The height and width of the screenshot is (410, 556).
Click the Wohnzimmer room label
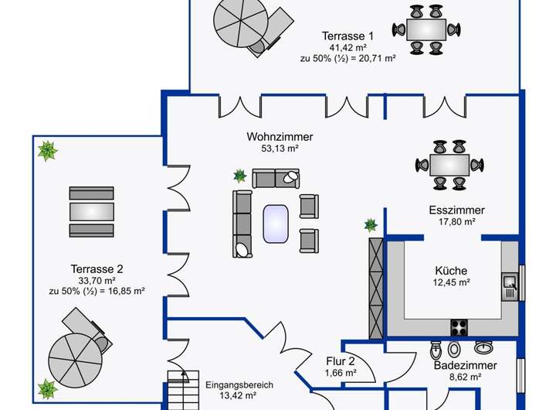[x=280, y=137]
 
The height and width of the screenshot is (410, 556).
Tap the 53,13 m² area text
[x=280, y=149]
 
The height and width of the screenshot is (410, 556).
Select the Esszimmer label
[x=456, y=210]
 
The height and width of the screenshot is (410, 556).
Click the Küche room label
[x=451, y=271]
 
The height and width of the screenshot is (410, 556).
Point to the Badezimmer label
[x=465, y=365]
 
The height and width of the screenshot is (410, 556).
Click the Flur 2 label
[x=341, y=361]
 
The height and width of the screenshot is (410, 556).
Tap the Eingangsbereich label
[x=239, y=384]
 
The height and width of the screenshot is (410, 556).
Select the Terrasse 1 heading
[x=347, y=36]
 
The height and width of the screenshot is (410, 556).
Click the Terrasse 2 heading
[x=97, y=269]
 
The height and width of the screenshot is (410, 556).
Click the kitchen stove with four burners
[x=459, y=327]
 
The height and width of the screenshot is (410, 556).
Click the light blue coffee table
[x=276, y=224]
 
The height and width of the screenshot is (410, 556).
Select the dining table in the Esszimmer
[x=449, y=166]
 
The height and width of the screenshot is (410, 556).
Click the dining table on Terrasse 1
[x=425, y=29]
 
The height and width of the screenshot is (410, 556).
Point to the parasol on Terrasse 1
[x=241, y=23]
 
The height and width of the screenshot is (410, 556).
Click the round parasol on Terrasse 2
[x=76, y=360]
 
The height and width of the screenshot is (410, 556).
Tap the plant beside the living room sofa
[x=240, y=176]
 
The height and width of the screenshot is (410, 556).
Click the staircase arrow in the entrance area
[x=184, y=378]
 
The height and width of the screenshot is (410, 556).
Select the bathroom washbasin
[x=484, y=347]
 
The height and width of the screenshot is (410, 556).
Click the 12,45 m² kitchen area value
[x=452, y=282]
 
